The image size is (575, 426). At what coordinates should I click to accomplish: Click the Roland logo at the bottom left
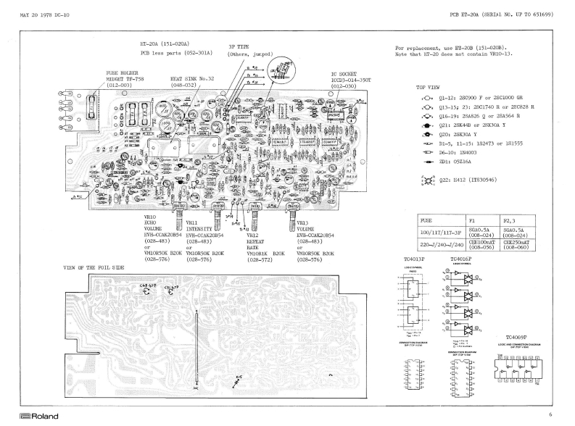tap(23, 417)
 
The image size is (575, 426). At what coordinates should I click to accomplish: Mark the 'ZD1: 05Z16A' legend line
tap(461, 163)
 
